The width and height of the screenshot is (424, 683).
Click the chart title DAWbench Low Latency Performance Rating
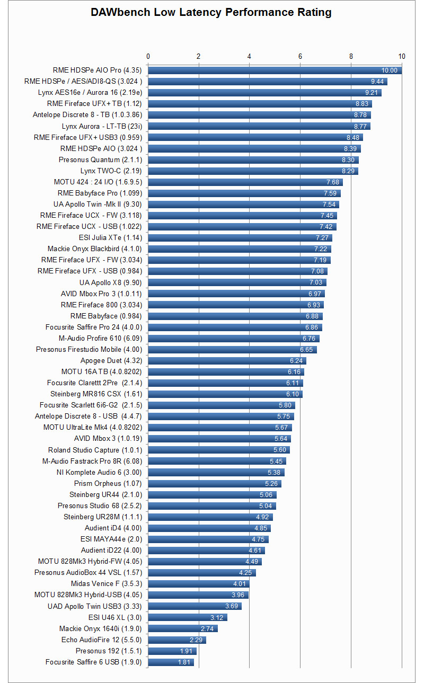[211, 13]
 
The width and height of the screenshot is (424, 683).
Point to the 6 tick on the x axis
[300, 56]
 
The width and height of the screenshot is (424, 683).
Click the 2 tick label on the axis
[199, 56]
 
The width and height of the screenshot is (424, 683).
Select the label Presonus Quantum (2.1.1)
[100, 159]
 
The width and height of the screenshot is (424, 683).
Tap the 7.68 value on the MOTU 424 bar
[332, 182]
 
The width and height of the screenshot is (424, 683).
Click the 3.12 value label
[217, 617]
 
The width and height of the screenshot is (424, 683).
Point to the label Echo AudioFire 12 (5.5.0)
[101, 640]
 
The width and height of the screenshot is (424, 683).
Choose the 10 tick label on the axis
[402, 56]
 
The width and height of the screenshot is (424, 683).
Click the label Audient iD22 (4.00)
[111, 550]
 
